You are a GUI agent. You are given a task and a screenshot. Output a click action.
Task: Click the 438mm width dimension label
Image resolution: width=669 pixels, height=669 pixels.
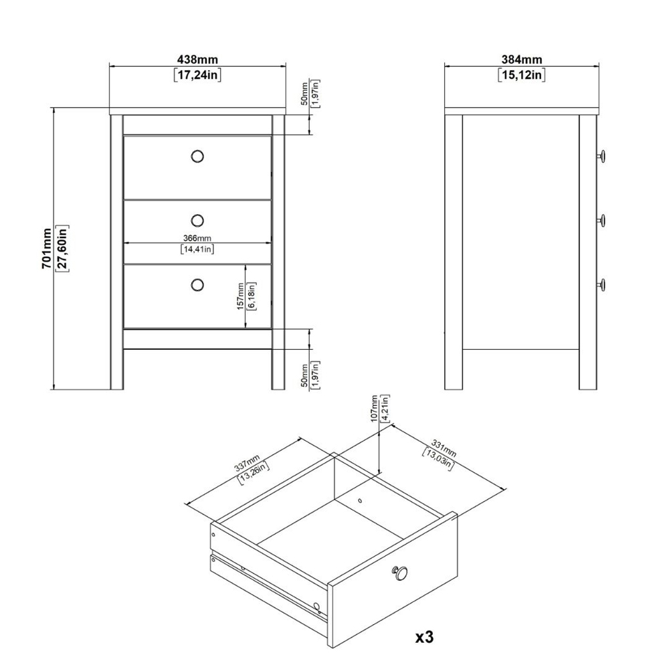[197, 60]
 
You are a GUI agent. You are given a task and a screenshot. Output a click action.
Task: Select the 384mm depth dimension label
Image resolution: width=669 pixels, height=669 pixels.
[522, 60]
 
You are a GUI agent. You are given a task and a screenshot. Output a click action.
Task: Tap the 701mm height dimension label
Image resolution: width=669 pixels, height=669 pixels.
[47, 248]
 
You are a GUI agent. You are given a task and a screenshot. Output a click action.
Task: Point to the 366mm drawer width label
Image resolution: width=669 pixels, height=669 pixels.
[197, 238]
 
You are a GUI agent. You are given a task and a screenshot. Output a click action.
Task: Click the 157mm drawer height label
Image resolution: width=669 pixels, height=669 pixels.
[241, 296]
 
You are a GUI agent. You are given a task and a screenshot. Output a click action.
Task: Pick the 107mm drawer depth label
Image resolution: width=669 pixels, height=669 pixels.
[375, 409]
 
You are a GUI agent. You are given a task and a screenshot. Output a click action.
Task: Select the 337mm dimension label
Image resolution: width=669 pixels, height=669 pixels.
[247, 463]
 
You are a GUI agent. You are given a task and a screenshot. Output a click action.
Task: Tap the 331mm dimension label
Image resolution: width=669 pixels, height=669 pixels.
[444, 448]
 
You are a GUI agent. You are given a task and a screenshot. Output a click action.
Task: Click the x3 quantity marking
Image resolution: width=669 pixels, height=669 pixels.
[425, 637]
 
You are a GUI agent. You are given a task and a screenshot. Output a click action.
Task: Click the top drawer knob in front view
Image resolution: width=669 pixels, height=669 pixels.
[197, 157]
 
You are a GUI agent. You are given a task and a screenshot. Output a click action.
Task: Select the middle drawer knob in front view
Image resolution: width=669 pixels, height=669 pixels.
[197, 221]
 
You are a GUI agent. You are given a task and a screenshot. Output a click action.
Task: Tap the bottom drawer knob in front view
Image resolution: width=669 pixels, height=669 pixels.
[197, 284]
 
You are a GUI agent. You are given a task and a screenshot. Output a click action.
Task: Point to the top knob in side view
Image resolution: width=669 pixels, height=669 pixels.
[601, 156]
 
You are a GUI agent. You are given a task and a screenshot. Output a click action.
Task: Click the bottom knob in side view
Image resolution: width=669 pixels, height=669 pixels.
[601, 284]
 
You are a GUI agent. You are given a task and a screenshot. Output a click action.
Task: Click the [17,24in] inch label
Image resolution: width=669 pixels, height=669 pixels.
[197, 76]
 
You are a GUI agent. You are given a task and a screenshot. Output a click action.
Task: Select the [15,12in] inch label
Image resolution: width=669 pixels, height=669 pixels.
[522, 76]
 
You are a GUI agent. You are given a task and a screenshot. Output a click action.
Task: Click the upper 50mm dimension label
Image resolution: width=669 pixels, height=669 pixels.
[304, 94]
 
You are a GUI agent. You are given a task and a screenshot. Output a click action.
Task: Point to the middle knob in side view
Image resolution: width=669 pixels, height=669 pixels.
[601, 221]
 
